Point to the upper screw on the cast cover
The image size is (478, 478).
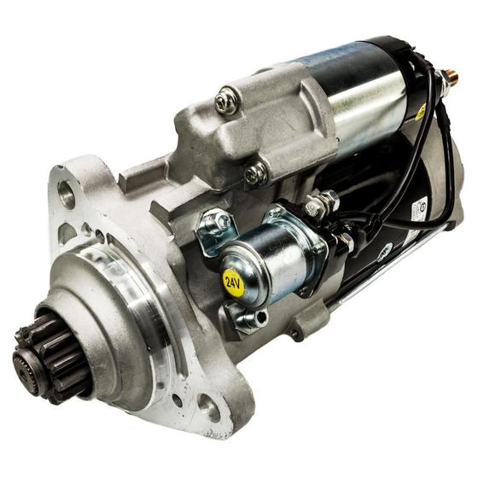point(225,102)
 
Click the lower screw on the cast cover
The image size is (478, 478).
point(254,174)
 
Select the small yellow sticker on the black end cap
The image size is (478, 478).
point(422,112)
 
